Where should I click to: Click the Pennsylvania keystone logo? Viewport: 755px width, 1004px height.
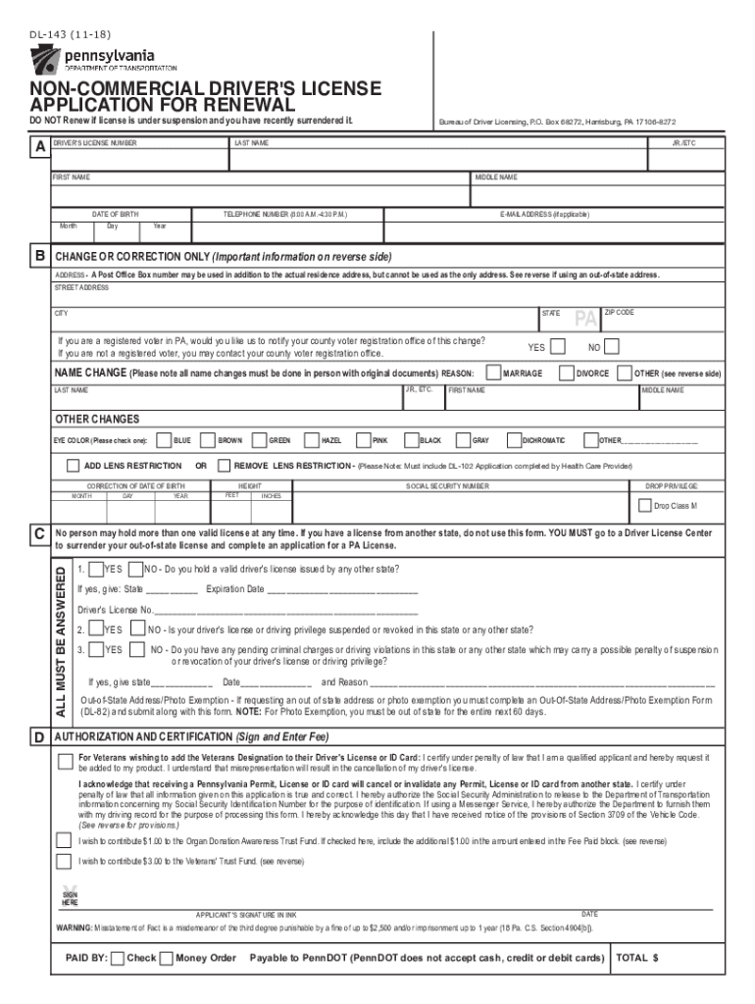[46, 61]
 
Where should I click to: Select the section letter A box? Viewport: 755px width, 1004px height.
[38, 145]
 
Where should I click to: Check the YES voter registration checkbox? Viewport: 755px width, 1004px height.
[557, 346]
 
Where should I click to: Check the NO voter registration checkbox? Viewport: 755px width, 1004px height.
[612, 346]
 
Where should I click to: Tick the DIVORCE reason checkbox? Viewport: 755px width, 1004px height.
[566, 373]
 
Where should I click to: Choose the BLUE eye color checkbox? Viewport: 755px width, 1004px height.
[164, 440]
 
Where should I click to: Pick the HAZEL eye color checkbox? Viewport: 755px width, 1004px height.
[311, 440]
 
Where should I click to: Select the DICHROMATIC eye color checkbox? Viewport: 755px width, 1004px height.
[513, 440]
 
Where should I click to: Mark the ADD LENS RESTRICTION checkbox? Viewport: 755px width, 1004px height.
[74, 465]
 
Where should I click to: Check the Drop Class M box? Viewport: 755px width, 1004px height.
[644, 506]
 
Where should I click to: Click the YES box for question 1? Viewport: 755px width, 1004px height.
[94, 569]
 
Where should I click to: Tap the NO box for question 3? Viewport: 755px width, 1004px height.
[136, 649]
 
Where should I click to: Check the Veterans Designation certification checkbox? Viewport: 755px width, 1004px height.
[65, 761]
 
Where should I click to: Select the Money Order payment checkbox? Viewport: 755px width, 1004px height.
[166, 957]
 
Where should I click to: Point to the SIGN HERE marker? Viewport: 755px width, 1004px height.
[70, 897]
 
